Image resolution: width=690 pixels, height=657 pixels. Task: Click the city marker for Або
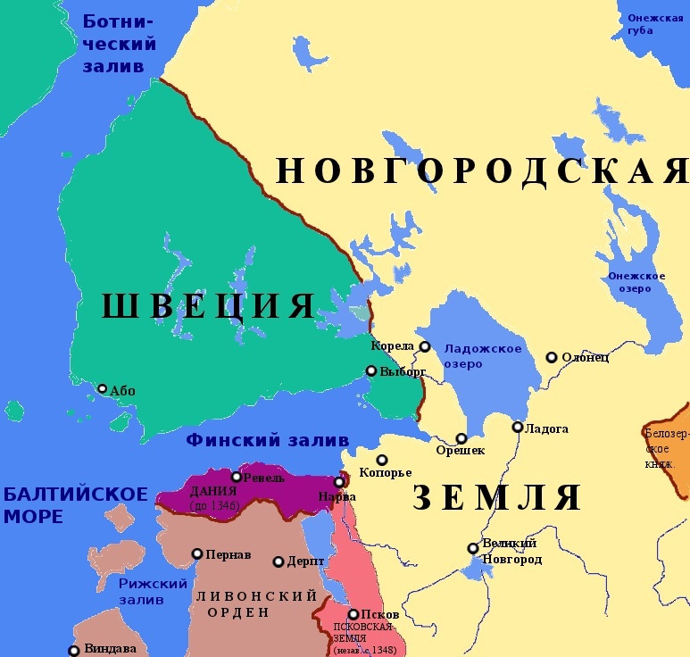[x=103, y=388]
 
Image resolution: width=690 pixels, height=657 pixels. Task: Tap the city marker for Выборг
[x=371, y=370]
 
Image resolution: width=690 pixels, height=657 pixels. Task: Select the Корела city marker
[x=425, y=346]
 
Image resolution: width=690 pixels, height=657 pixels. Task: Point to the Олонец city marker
[x=552, y=357]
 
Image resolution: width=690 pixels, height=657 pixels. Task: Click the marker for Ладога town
[x=518, y=427]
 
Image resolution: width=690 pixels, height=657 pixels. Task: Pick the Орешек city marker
[x=461, y=438]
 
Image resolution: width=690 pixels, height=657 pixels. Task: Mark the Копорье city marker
[x=382, y=460]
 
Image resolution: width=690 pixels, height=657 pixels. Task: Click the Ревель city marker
[x=237, y=477]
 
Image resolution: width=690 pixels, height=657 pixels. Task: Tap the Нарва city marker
[x=339, y=482]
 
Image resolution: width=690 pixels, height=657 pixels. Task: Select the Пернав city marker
[x=197, y=553]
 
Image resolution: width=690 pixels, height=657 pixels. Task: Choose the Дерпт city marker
[x=278, y=562]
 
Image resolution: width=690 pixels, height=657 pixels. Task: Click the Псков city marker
[x=353, y=614]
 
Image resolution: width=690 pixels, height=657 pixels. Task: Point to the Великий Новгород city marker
[x=473, y=548]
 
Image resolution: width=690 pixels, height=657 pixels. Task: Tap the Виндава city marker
[x=74, y=651]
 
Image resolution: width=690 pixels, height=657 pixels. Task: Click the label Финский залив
[x=267, y=440]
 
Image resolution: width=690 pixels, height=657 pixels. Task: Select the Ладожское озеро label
[x=483, y=355]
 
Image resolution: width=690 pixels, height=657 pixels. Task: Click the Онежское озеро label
[x=636, y=281]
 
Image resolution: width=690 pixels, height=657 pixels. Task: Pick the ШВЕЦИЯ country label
[x=208, y=306]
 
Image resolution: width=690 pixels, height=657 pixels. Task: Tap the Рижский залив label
[x=153, y=591]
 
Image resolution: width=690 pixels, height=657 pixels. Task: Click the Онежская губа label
[x=654, y=23]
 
